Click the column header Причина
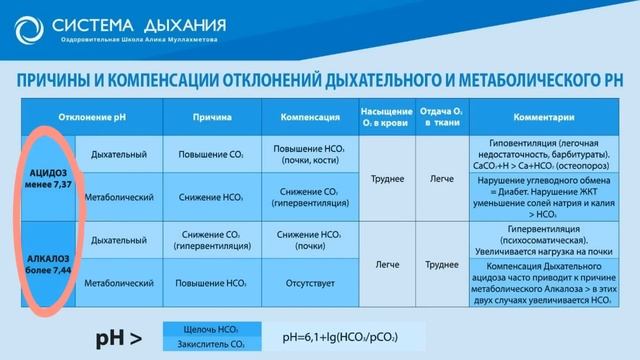click(x=213, y=116)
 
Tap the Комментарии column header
click(x=542, y=116)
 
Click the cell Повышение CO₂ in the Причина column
click(x=213, y=155)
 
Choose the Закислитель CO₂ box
click(x=211, y=345)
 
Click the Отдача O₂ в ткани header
click(x=434, y=116)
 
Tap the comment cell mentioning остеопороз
click(x=542, y=155)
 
